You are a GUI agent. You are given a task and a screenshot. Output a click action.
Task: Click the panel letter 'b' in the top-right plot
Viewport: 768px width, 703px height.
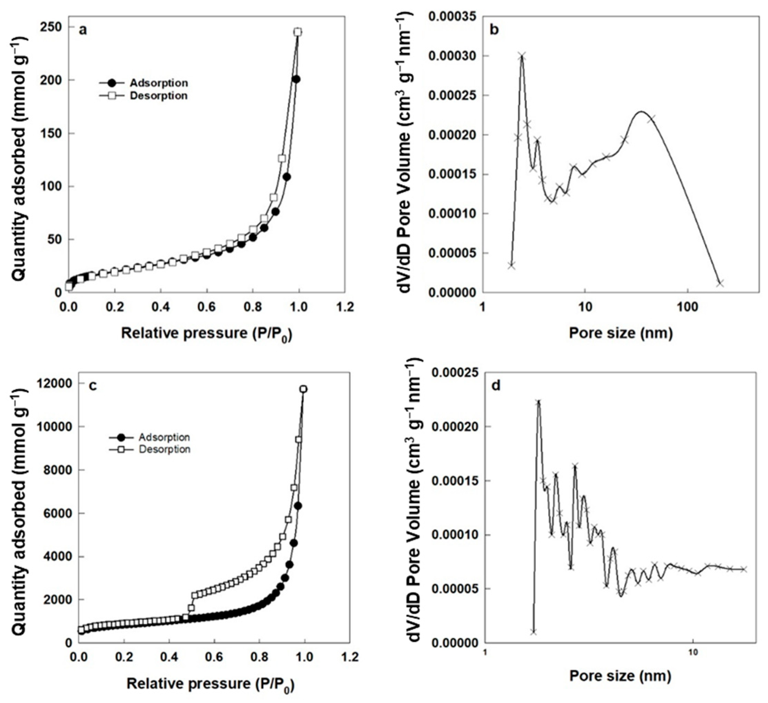494,30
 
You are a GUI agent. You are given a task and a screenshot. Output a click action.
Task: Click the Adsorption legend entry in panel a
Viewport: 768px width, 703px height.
158,83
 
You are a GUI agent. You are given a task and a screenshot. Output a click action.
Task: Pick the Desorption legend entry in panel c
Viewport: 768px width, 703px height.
164,449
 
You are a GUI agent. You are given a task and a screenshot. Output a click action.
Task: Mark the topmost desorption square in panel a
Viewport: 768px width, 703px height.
298,32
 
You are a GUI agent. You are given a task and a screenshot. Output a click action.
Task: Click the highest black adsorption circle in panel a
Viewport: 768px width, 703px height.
296,79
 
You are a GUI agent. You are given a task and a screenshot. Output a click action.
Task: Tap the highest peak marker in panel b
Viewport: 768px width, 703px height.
522,56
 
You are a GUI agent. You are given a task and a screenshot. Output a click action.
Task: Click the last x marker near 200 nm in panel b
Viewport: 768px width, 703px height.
720,283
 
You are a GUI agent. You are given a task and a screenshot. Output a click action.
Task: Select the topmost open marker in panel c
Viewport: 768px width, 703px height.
303,389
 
